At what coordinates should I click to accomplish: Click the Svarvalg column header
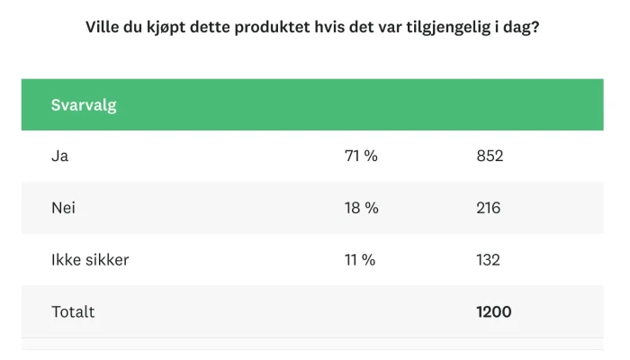pos(84,105)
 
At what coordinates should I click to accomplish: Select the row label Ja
pos(60,156)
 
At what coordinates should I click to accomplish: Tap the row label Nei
pos(63,208)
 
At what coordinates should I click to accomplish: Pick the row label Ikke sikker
pos(90,260)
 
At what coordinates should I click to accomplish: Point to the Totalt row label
pos(73,312)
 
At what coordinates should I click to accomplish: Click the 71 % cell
pos(361,156)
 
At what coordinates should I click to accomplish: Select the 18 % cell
pos(361,208)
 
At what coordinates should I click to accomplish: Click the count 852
pos(490,156)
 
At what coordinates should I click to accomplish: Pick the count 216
pos(489,208)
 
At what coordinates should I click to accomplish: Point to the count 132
pos(488,260)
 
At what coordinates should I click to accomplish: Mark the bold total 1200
pos(494,312)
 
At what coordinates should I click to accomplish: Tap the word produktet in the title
pos(264,27)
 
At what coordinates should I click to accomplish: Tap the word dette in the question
pos(211,27)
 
